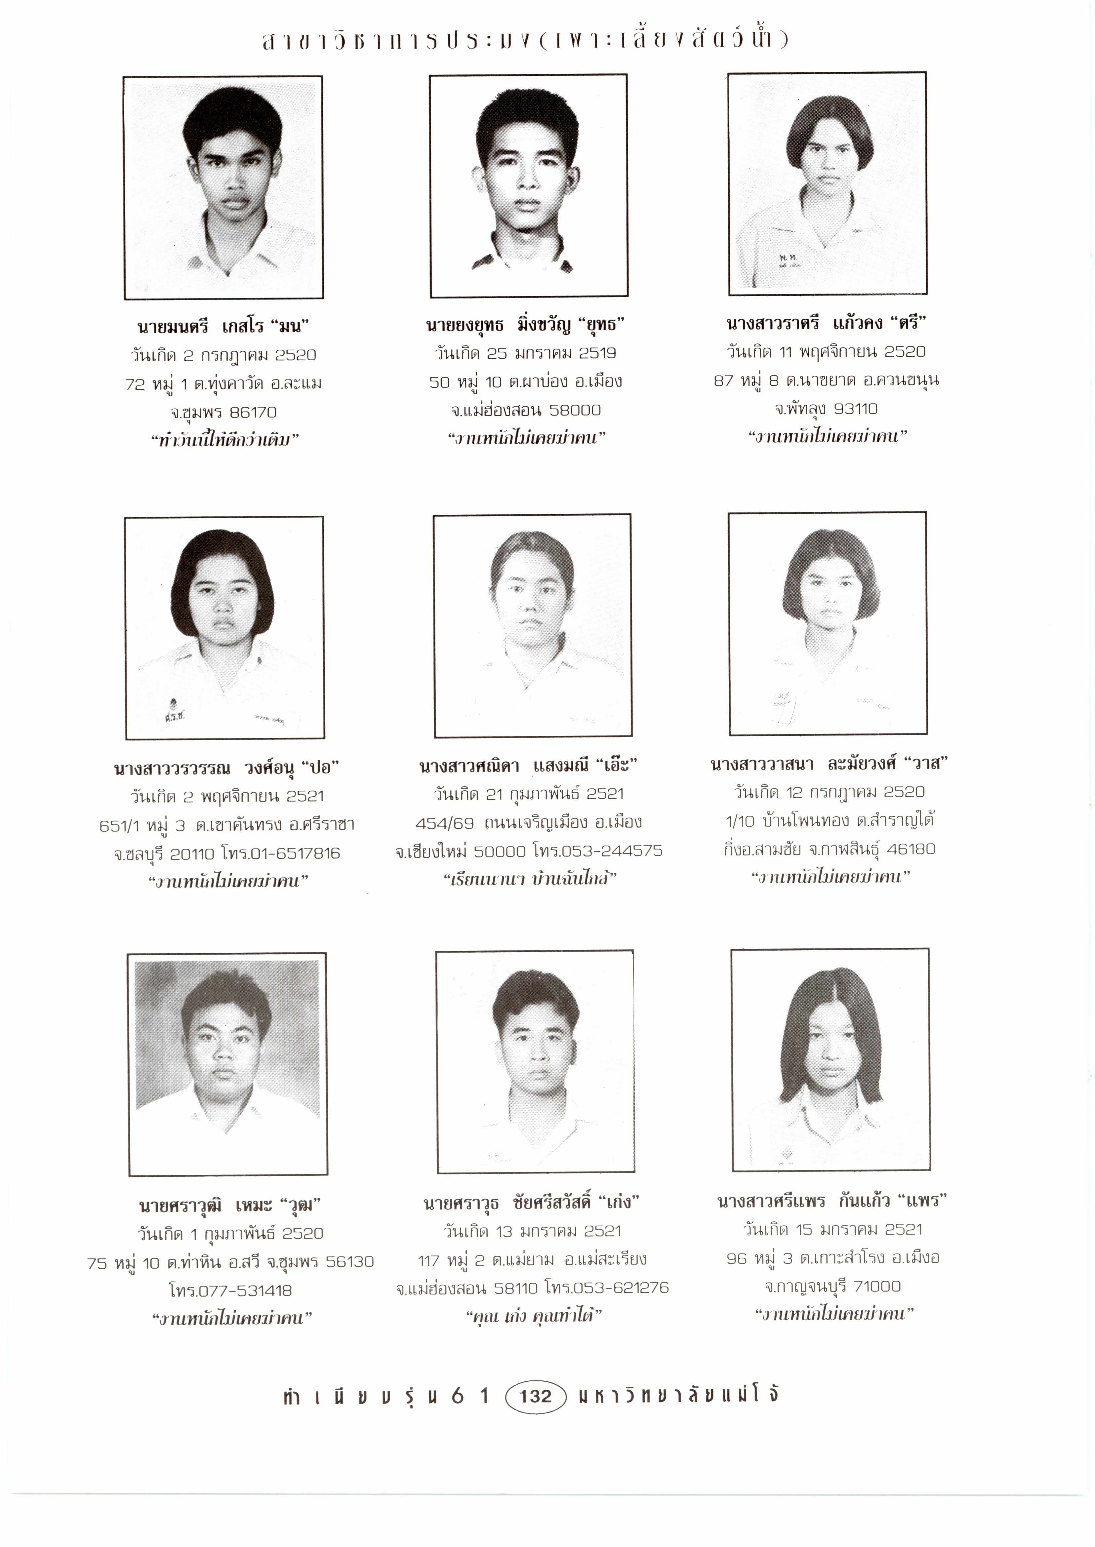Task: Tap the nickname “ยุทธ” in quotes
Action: [601, 325]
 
